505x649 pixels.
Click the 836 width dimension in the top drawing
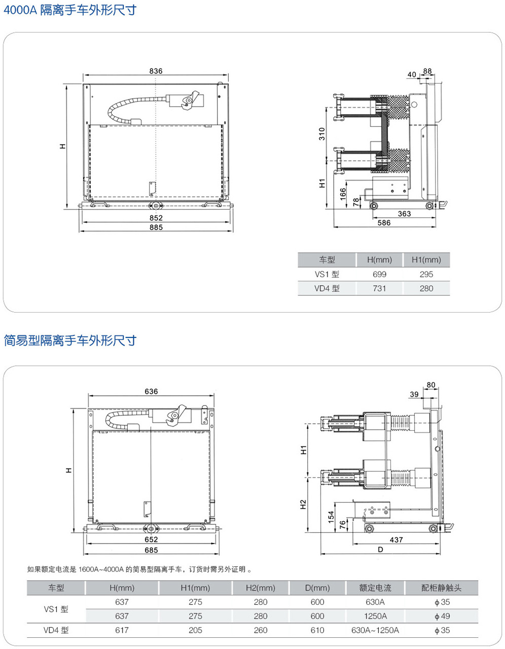point(156,71)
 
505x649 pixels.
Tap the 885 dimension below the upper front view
point(156,227)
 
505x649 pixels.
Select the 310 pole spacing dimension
point(322,134)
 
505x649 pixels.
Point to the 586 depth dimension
point(384,223)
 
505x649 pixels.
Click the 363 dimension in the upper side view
point(404,214)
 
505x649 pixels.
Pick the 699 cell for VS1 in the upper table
point(379,274)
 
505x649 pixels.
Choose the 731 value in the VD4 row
point(379,288)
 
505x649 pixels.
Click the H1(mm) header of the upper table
point(426,260)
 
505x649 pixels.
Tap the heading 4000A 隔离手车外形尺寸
point(70,10)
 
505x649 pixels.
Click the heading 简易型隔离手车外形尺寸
point(70,340)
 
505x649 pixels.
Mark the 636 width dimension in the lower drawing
point(151,391)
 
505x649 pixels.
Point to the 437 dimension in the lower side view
point(396,540)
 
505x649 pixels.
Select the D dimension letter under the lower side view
point(380,549)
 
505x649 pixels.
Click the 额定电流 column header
point(375,588)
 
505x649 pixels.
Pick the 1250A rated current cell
point(375,616)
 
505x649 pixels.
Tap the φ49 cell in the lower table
point(442,616)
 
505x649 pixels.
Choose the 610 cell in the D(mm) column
point(317,630)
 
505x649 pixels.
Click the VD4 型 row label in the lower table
point(56,630)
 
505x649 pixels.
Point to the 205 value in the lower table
point(195,630)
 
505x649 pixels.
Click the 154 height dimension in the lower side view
point(331,517)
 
